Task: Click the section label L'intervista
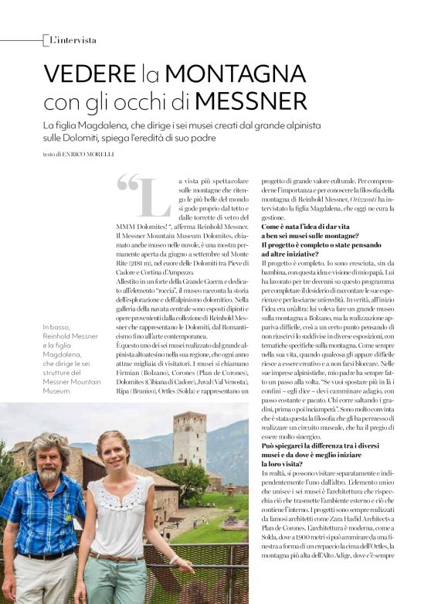click(73, 39)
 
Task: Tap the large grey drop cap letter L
click(157, 199)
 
